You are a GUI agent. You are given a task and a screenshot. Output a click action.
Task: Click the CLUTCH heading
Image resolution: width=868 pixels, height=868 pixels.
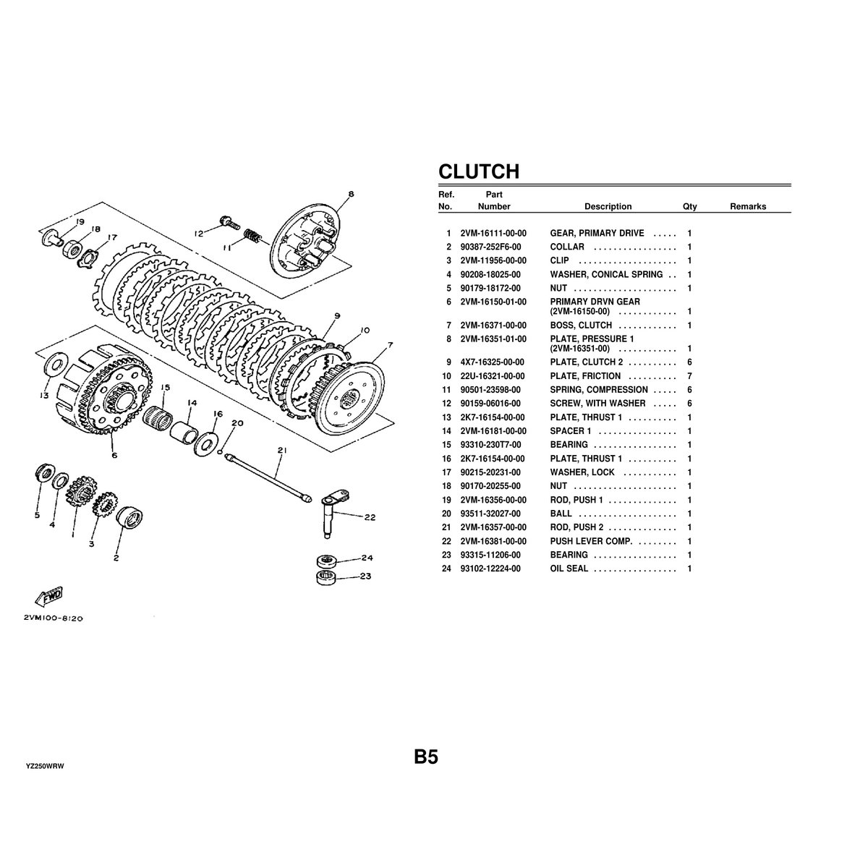479,171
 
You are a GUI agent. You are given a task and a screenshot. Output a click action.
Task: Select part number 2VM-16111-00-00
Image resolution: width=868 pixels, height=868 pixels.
493,234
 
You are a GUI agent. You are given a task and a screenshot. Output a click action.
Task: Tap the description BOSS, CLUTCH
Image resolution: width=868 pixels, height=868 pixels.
581,325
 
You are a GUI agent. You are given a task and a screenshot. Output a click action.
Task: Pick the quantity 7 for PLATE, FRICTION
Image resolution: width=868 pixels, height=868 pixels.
689,376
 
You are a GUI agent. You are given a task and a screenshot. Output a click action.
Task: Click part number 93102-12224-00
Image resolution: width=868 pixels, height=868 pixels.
490,569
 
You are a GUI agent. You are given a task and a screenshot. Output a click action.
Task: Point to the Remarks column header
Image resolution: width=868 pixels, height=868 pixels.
748,206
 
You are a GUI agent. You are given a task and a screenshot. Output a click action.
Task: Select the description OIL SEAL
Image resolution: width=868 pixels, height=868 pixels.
569,569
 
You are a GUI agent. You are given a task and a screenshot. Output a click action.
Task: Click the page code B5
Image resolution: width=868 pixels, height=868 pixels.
425,757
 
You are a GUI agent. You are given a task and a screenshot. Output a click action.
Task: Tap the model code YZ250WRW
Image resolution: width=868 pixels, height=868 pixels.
45,767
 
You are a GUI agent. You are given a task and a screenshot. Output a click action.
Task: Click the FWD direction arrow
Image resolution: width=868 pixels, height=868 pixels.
49,596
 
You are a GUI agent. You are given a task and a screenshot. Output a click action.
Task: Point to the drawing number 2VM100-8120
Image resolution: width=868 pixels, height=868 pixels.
53,618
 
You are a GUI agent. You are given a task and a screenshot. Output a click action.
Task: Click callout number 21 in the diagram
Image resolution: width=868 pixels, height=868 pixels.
282,450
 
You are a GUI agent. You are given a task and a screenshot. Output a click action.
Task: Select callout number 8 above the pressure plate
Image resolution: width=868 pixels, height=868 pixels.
352,194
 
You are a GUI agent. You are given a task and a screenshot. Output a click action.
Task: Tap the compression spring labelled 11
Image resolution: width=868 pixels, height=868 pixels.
251,236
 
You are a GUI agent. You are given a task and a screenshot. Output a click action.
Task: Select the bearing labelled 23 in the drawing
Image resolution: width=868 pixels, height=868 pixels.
326,577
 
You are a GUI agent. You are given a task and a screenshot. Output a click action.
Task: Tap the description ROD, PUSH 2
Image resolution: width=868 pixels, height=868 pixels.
576,527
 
